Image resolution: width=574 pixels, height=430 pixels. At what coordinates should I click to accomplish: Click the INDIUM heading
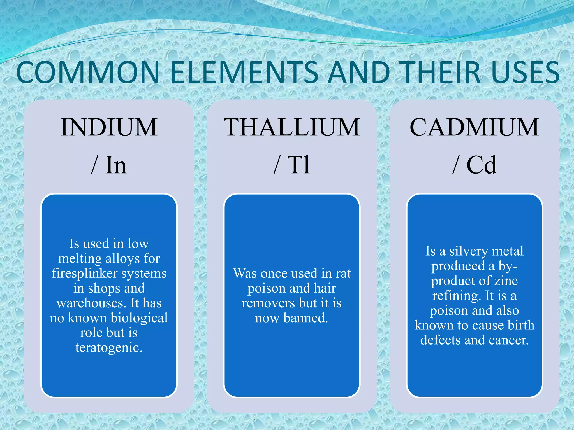click(109, 127)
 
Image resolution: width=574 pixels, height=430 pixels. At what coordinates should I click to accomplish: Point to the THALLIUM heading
click(291, 127)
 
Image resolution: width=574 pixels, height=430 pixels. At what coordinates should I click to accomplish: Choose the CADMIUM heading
click(474, 127)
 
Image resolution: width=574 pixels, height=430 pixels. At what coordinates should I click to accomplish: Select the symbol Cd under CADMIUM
click(481, 165)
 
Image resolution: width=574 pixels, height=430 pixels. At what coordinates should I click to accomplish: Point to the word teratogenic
click(109, 348)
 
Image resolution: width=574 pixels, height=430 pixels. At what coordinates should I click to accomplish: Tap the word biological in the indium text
click(139, 318)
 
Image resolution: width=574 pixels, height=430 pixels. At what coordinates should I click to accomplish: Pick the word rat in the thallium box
click(343, 274)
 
